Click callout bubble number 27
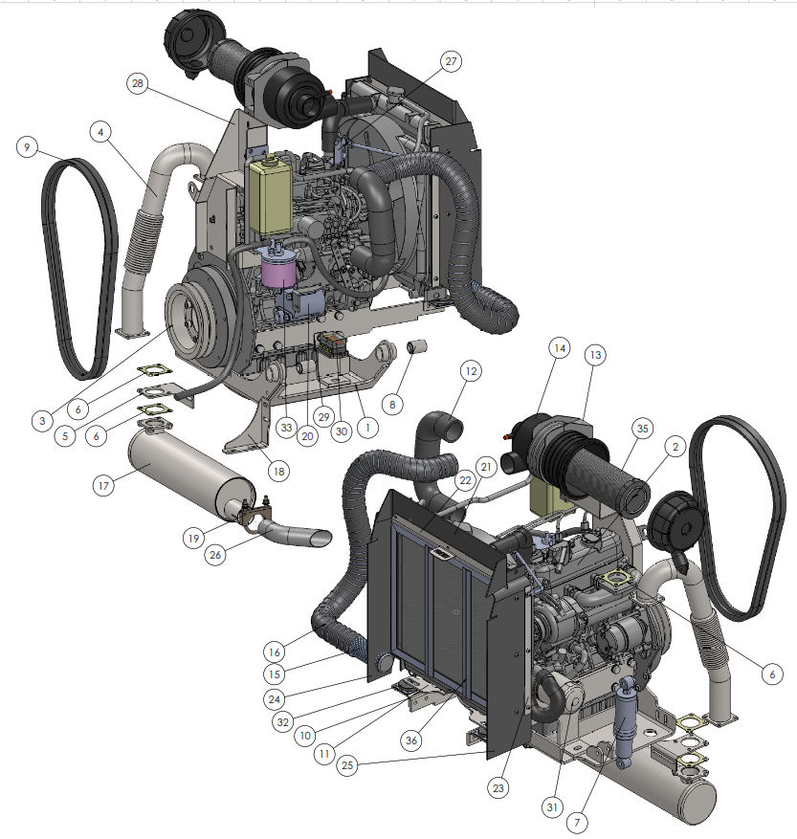pos(452,61)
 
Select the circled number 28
pos(138,83)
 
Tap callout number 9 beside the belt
pos(28,146)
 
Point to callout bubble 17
pos(103,486)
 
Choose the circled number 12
pos(471,371)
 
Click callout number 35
pos(642,428)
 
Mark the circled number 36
pos(411,740)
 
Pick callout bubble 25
pos(347,765)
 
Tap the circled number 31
pos(552,806)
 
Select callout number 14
pos(560,348)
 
